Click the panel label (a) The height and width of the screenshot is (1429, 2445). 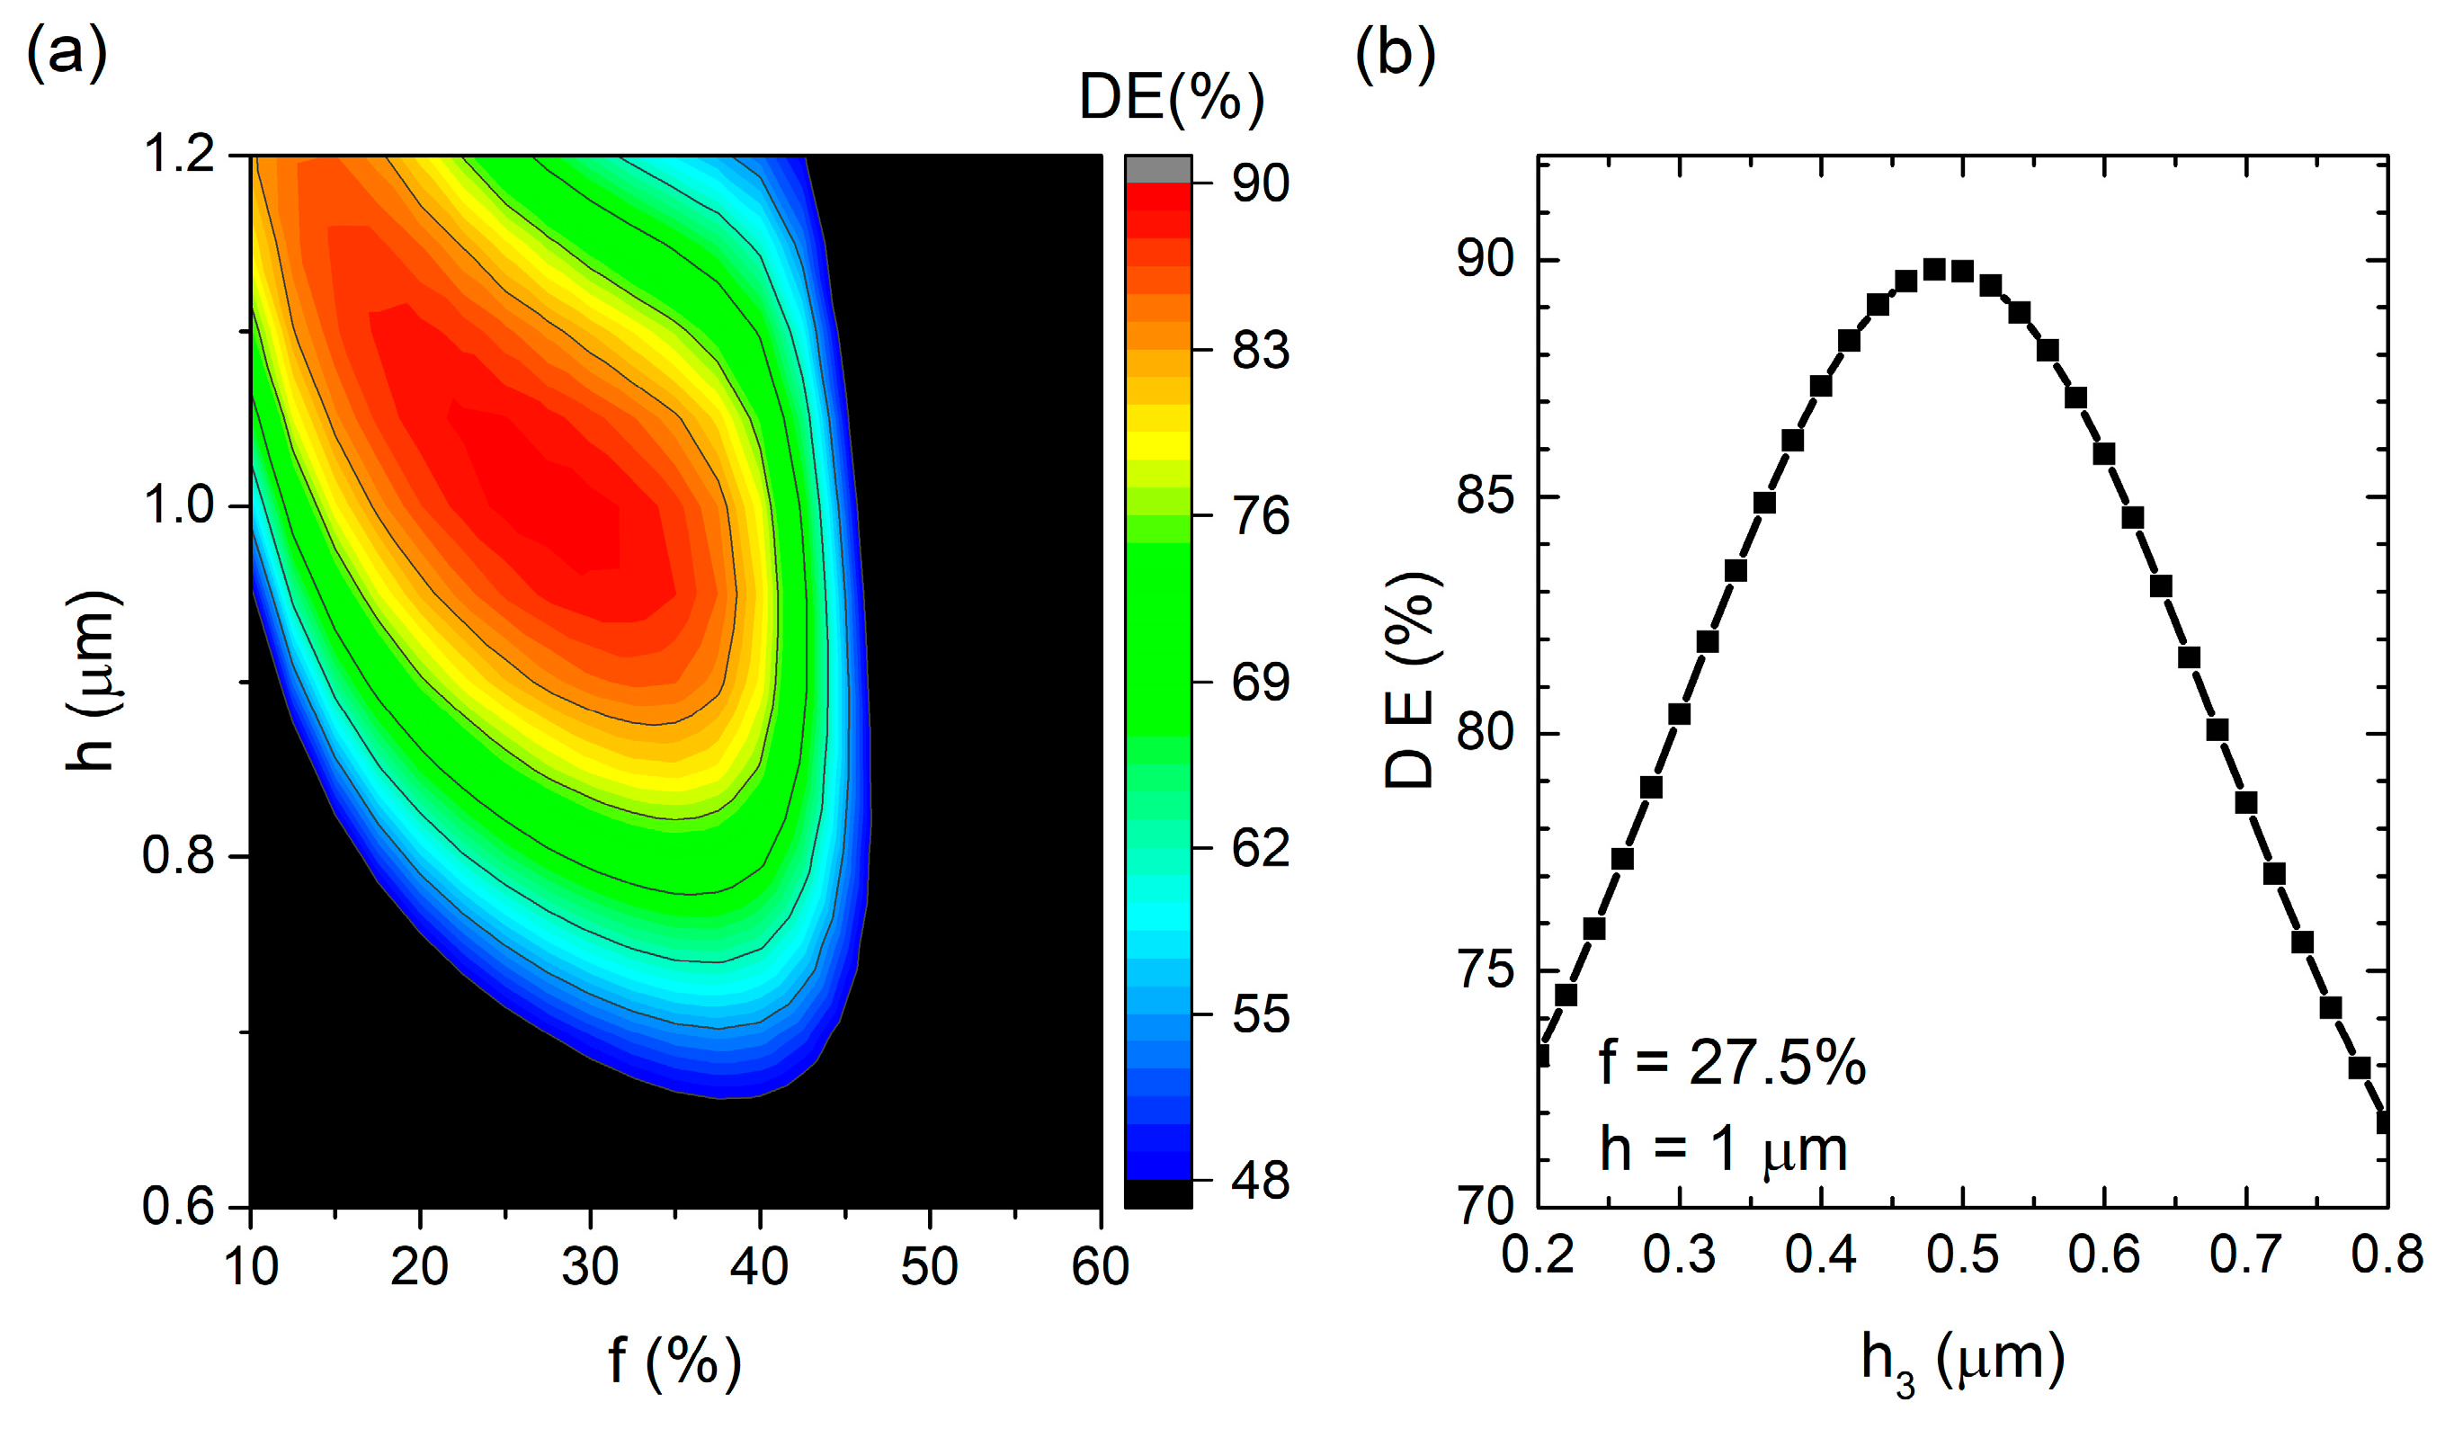coord(66,55)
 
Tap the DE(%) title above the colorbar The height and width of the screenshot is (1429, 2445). coord(1171,98)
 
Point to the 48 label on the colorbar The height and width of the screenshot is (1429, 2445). coord(1261,1182)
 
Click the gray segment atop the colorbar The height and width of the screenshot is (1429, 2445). coord(1157,169)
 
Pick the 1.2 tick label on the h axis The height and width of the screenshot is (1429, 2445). coord(179,156)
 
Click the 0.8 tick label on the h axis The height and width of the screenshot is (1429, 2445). coord(179,857)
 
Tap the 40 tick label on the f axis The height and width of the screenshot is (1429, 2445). coord(759,1267)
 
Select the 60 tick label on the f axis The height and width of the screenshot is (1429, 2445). coord(1099,1267)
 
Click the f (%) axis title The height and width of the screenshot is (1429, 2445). coord(674,1360)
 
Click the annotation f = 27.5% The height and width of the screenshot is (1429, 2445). coord(1731,1062)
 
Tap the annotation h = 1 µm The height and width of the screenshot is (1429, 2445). coord(1722,1150)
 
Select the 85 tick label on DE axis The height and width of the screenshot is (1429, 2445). coord(1485,496)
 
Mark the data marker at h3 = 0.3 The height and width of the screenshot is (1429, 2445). coord(1680,714)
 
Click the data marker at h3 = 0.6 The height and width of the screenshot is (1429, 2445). coord(2103,454)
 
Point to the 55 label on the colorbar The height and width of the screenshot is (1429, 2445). coord(1261,1015)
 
